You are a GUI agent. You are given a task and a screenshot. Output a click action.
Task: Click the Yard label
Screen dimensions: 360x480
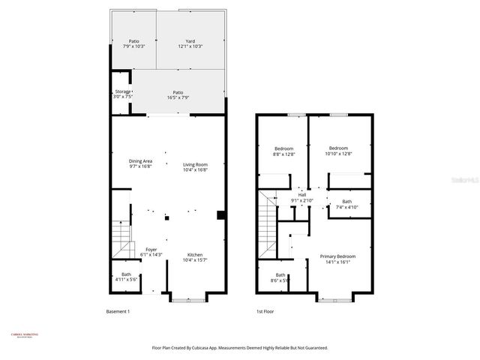[190, 41]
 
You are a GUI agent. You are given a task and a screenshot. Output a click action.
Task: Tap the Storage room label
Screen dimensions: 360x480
[121, 91]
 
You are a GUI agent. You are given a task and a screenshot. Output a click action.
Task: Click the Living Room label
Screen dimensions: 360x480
[195, 164]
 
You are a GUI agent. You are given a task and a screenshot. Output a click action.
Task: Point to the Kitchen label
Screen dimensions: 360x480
[195, 255]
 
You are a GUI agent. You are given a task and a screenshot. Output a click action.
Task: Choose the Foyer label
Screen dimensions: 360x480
[151, 250]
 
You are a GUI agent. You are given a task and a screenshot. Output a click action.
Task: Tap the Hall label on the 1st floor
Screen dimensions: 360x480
[302, 195]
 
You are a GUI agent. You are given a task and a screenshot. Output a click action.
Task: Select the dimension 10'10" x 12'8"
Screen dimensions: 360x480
[338, 154]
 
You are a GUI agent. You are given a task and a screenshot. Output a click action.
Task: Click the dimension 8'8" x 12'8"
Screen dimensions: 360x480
[283, 154]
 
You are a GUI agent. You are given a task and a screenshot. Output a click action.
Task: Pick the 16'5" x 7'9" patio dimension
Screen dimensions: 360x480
[178, 97]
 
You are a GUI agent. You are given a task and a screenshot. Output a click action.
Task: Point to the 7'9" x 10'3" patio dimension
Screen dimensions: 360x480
[133, 46]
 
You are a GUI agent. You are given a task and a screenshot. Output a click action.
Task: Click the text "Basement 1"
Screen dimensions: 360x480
[118, 311]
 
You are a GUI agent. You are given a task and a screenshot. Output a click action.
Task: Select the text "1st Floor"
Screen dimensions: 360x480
[264, 311]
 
